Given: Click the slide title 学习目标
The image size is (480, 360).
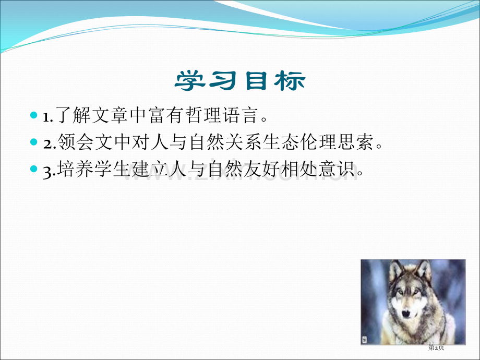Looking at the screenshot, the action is (240, 80).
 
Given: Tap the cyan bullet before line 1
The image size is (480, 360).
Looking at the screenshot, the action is (34, 115).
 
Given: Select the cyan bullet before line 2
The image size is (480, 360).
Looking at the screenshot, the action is (34, 142).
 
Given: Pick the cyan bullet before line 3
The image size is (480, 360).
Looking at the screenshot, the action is (34, 169).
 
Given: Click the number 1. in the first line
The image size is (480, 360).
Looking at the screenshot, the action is (48, 117).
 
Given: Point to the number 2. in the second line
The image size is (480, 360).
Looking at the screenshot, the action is (50, 144).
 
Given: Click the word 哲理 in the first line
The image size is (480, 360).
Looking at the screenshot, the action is (203, 115).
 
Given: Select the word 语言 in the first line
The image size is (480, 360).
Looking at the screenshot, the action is (239, 115).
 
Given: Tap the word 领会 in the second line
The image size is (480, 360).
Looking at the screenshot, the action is (75, 142).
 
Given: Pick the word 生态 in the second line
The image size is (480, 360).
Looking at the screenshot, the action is (281, 142).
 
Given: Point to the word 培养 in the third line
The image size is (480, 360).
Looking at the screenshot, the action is (75, 169).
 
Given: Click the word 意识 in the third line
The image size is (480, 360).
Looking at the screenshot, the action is (337, 169).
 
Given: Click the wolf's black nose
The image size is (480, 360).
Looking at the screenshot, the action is (406, 314).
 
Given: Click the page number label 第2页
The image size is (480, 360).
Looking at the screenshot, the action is (436, 348).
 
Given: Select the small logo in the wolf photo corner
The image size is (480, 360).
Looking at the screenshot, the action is (365, 340).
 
